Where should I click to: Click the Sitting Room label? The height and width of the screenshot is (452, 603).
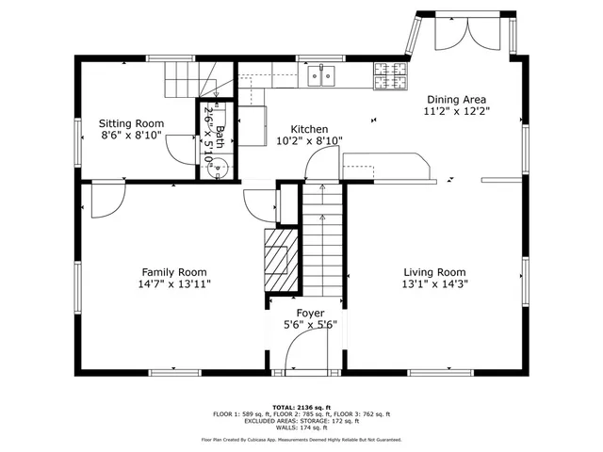coord(132,123)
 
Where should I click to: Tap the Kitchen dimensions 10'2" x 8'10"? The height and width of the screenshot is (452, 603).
coord(308,141)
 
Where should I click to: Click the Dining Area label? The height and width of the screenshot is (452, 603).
coord(457,99)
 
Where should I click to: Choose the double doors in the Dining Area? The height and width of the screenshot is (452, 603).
coord(454,36)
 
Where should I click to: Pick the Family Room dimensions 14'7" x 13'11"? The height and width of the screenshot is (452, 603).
coord(174,283)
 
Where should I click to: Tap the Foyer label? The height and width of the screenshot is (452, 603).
coord(310,314)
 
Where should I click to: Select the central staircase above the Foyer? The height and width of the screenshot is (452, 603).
coord(321,240)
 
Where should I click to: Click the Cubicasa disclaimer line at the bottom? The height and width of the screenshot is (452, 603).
coord(301,439)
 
